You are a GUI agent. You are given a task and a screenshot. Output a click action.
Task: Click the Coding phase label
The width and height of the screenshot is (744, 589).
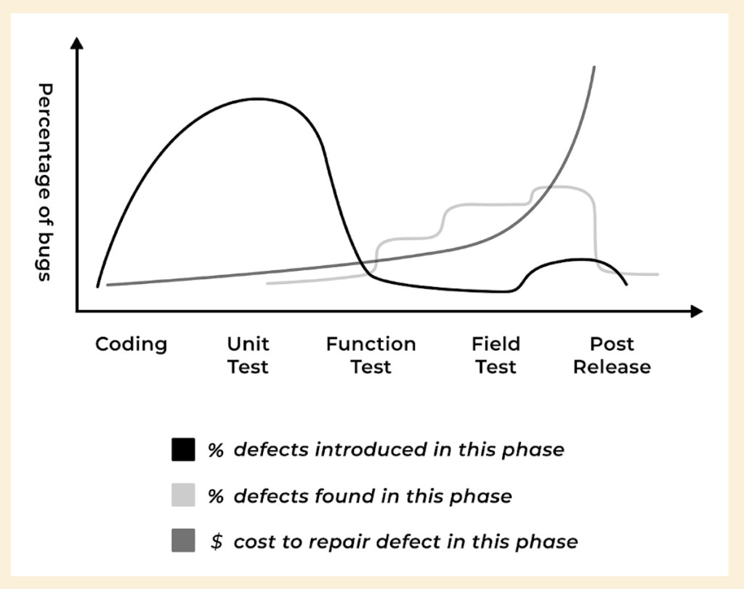click(x=131, y=344)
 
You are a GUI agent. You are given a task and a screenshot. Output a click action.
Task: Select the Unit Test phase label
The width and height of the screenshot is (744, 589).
click(x=248, y=355)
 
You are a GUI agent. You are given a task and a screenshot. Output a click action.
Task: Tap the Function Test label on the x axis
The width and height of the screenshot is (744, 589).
click(x=371, y=355)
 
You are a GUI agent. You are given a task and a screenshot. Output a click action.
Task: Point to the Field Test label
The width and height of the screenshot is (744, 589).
click(x=496, y=355)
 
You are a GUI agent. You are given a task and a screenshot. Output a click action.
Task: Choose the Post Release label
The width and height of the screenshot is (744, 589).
click(x=612, y=355)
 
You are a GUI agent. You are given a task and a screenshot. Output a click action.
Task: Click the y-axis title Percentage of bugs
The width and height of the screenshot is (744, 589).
click(x=45, y=182)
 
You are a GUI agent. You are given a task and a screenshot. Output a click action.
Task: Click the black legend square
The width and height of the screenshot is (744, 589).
click(x=183, y=450)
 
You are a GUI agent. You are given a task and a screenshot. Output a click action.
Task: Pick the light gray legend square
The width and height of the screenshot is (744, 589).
click(x=183, y=496)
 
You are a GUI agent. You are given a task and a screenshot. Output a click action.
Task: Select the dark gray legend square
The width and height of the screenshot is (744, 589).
click(x=183, y=542)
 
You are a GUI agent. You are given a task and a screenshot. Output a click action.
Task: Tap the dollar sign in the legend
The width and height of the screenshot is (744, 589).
click(x=216, y=542)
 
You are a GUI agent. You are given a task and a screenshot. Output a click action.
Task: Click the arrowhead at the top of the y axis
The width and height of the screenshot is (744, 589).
click(x=77, y=44)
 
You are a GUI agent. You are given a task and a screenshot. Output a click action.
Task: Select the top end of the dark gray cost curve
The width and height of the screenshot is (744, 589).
click(x=594, y=68)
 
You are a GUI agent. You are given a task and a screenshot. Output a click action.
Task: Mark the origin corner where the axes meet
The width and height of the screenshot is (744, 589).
click(x=77, y=312)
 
